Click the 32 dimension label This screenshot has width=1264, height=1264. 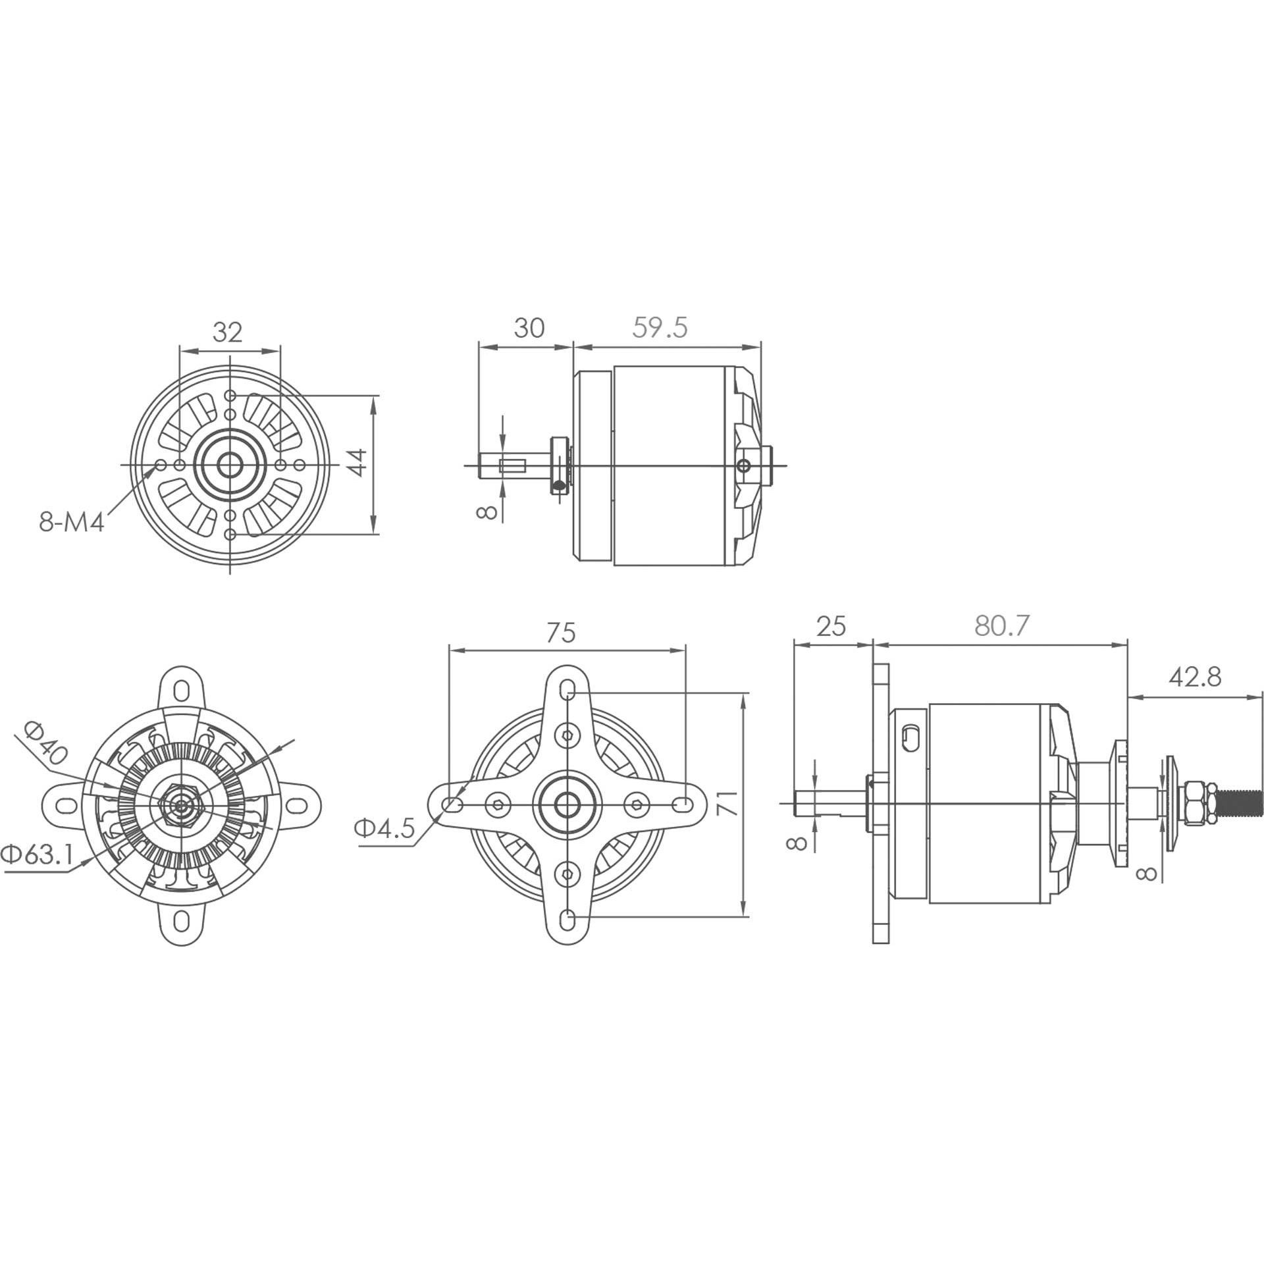click(228, 332)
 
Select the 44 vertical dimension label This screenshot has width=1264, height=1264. click(356, 463)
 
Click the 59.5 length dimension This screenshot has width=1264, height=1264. click(660, 327)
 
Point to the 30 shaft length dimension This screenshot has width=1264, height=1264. click(529, 327)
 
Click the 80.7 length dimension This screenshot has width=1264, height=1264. click(1001, 625)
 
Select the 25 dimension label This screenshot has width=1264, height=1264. click(830, 625)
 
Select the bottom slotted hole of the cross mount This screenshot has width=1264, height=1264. click(568, 918)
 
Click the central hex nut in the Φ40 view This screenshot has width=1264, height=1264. click(181, 804)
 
